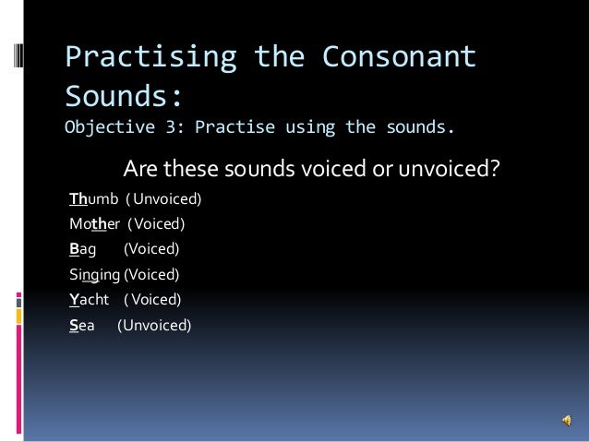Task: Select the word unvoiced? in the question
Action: [446, 170]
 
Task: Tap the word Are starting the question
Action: [140, 170]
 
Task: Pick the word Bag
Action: [83, 248]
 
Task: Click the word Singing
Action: [95, 274]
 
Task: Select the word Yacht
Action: [90, 299]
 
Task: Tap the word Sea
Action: [82, 324]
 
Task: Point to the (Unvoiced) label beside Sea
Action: [154, 324]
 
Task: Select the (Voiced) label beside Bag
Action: [151, 248]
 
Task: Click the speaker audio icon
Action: [564, 421]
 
